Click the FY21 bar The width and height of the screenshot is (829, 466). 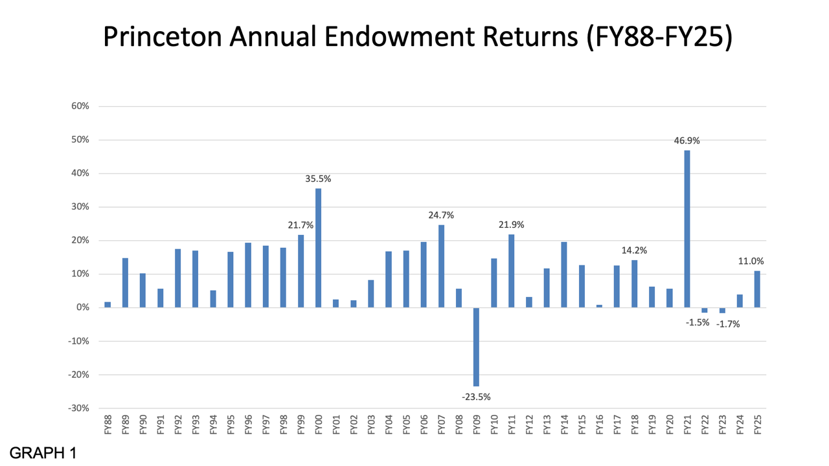click(x=687, y=229)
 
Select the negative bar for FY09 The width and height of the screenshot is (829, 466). click(x=476, y=347)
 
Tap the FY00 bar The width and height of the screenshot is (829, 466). click(x=318, y=248)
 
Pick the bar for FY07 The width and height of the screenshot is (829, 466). click(x=441, y=266)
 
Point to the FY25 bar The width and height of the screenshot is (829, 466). click(x=757, y=289)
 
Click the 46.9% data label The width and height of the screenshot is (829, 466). click(x=687, y=140)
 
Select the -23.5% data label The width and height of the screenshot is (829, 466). click(x=476, y=397)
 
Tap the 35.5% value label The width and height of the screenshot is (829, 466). click(x=318, y=179)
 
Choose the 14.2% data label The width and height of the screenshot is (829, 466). click(x=634, y=250)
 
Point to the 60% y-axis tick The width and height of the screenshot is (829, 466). click(x=80, y=106)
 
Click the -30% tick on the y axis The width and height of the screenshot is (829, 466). click(x=79, y=408)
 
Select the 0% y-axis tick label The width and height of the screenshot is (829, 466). click(x=82, y=307)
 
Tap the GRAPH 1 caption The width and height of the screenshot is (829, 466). click(x=43, y=452)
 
